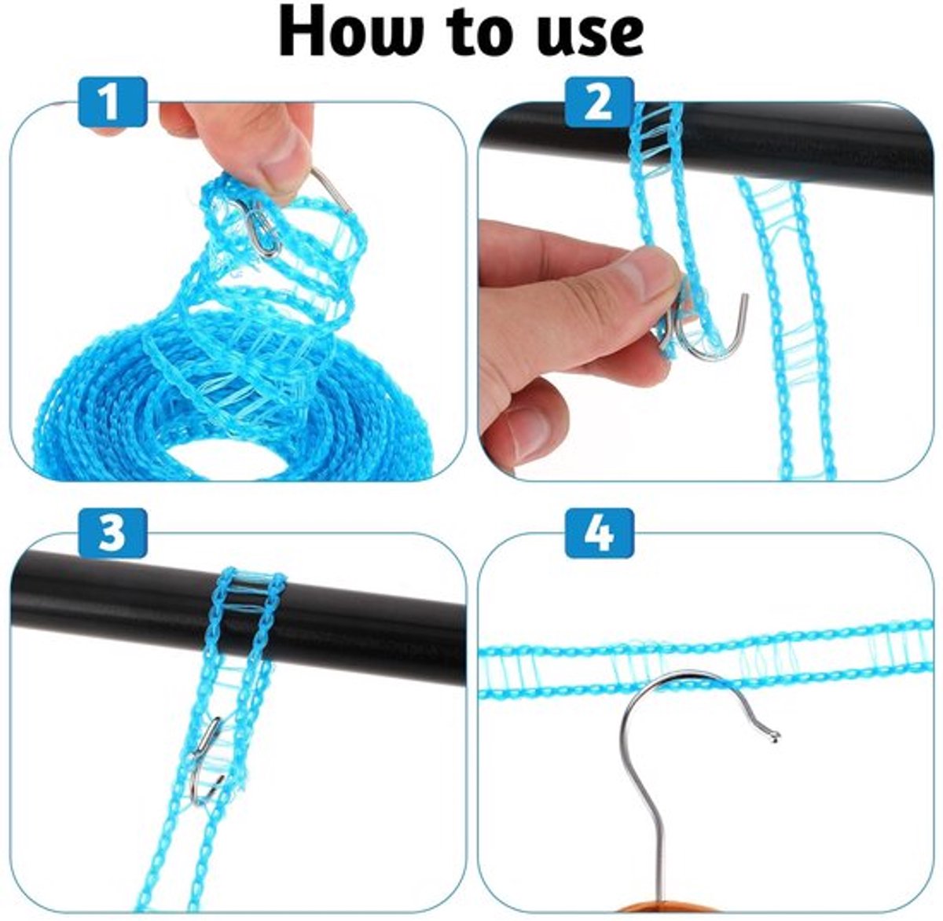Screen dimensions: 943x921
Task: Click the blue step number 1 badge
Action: click(x=112, y=102)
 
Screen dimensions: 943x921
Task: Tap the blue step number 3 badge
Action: click(x=112, y=533)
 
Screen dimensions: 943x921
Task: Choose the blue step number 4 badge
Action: click(x=600, y=533)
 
